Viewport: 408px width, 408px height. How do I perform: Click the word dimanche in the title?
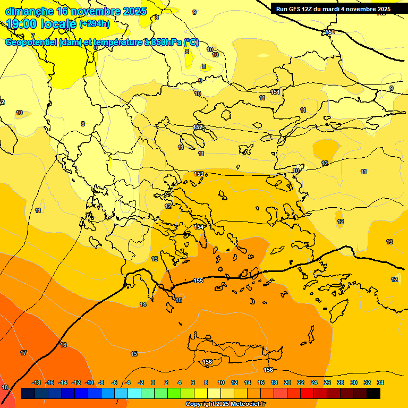pos(29,11)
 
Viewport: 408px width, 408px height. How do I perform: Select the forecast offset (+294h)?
pos(95,24)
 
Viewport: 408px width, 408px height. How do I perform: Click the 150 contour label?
pos(330,32)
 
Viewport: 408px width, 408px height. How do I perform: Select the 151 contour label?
pos(275,92)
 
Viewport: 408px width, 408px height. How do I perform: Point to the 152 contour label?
pos(198,127)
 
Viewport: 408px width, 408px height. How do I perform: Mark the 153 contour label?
pos(199,174)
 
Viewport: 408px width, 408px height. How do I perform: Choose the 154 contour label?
pos(199,227)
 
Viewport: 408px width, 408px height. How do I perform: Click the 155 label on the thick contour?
pos(198,280)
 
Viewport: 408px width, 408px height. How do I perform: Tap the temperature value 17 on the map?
pos(23,353)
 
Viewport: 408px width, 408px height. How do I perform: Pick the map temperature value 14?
pos(143,304)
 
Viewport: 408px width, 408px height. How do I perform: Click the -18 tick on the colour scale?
pos(37,382)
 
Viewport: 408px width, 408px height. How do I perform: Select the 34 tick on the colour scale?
pos(380,382)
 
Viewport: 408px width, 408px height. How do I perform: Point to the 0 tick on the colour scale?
pos(153,382)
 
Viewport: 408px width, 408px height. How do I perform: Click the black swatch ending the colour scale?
pos(373,393)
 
